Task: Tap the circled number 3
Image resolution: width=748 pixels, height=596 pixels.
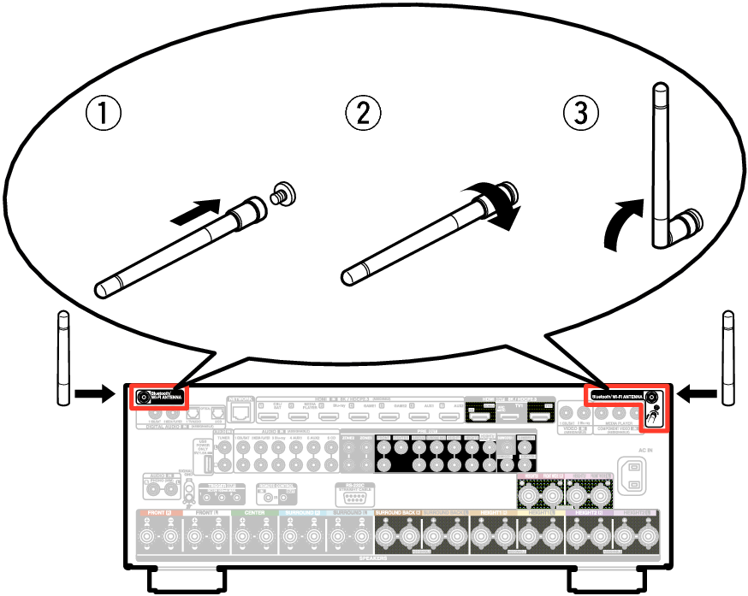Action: [x=580, y=114]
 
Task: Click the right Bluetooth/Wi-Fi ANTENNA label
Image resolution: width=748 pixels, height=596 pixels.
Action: [x=615, y=397]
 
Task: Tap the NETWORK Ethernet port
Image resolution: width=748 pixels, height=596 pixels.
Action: [x=242, y=413]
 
